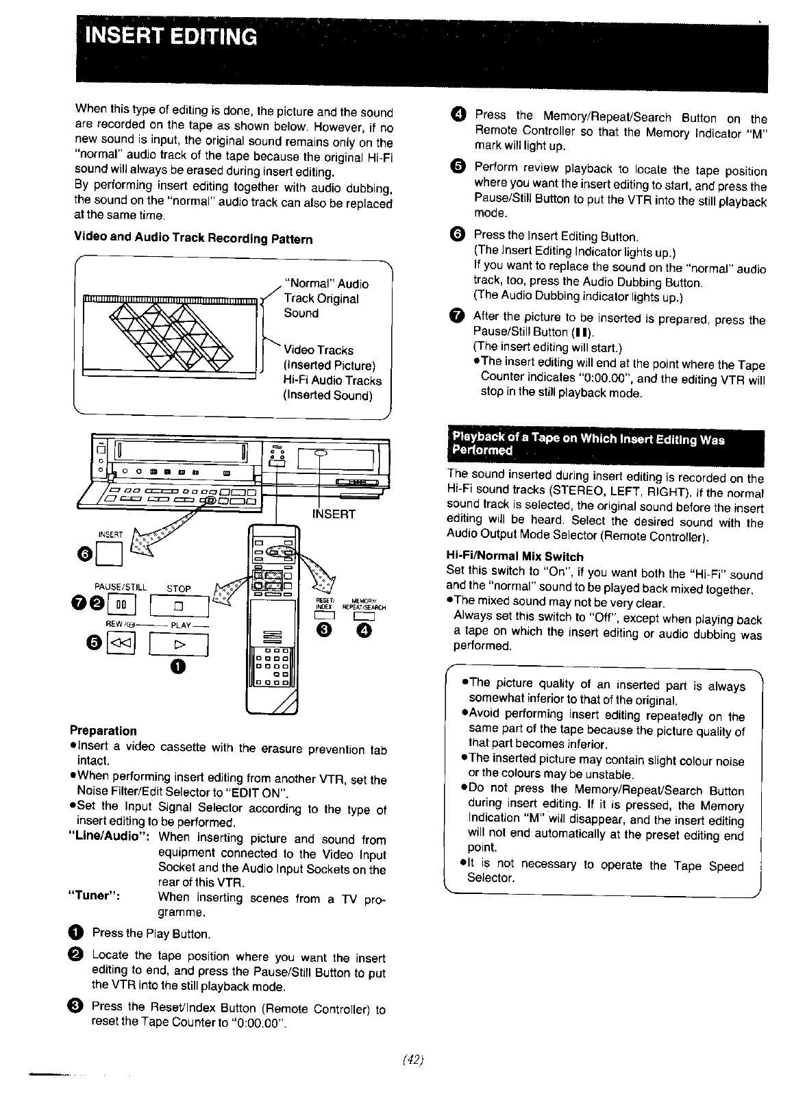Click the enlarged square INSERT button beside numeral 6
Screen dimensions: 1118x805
coord(111,554)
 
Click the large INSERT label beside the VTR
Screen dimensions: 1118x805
coord(334,514)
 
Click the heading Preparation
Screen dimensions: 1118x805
coord(103,731)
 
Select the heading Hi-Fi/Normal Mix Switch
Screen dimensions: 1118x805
coord(515,556)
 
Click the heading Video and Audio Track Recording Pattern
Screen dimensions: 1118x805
coord(193,239)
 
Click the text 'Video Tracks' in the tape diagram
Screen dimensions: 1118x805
coord(319,350)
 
